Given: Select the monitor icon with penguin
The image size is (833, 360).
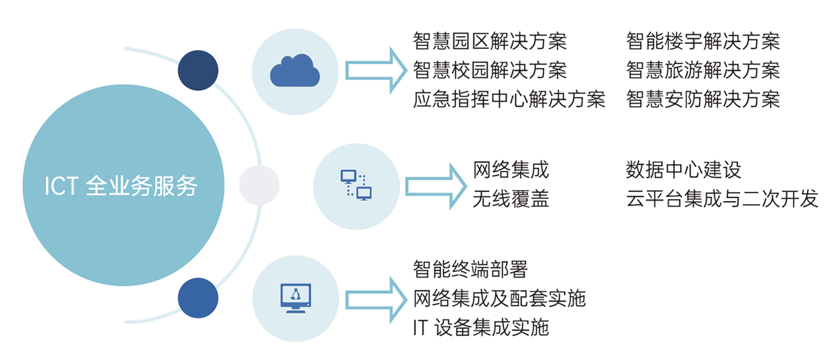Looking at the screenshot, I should [295, 297].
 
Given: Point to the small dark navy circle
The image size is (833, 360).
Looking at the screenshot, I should [198, 71].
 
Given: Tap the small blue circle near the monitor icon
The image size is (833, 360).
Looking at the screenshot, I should [198, 297].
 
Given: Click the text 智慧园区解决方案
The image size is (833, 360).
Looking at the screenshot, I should [490, 41].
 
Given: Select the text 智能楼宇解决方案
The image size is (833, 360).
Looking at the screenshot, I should [703, 41].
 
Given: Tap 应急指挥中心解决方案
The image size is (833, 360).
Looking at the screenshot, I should [509, 99].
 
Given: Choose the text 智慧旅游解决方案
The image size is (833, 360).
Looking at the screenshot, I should [703, 70].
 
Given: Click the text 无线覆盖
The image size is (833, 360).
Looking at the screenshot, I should [511, 199].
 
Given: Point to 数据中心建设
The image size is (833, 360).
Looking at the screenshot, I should [683, 170].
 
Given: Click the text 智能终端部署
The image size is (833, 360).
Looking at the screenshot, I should [471, 269].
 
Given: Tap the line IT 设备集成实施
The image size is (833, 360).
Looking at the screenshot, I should [480, 327].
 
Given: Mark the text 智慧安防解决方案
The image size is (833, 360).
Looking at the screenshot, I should [703, 99].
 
